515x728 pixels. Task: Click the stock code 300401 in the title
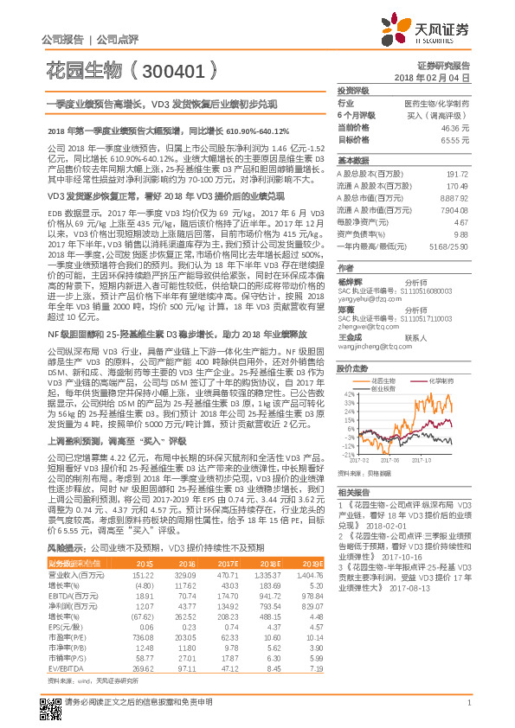pos(172,67)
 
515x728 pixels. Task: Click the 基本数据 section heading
pos(352,161)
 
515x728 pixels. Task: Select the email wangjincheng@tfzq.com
pos(370,346)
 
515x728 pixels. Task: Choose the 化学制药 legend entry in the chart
pos(442,379)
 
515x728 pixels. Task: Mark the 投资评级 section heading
pos(352,90)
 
